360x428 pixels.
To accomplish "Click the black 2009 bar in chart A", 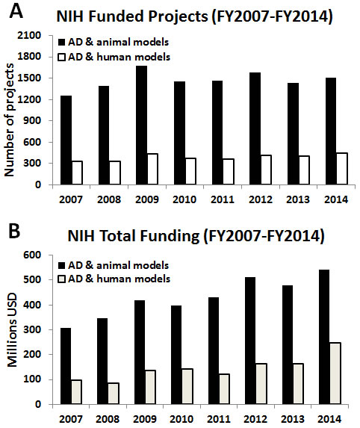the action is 141,125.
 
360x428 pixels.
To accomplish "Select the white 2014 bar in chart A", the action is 342,169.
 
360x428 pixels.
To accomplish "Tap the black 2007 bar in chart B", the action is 66,366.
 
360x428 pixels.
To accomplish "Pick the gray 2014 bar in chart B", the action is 335,373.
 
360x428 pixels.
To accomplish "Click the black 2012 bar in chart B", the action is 250,341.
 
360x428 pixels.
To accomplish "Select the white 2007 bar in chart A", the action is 77,173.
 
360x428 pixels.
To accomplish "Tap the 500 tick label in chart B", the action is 32,280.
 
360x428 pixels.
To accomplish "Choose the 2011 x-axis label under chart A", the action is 223,199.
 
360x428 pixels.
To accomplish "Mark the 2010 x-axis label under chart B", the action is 181,419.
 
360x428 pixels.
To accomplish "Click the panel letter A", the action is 16,11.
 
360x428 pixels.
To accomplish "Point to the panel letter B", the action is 14,232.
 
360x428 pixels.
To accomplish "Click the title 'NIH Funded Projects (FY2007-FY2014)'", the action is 195,16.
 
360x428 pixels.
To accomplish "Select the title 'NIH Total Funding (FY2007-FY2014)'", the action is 196,235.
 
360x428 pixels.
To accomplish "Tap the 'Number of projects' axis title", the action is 9,120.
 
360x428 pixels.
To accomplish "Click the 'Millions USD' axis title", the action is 12,330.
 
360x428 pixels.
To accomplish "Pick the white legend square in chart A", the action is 62,58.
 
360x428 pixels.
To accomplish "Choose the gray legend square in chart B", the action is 62,279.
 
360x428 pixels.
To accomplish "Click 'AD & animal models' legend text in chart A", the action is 119,43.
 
